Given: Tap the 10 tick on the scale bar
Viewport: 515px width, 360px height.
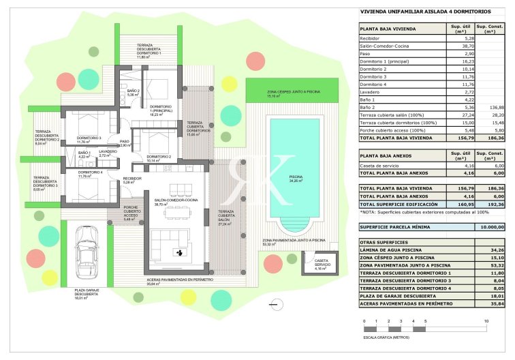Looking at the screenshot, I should [x=486, y=320].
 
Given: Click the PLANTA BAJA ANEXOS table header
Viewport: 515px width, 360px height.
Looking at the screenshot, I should [x=388, y=156].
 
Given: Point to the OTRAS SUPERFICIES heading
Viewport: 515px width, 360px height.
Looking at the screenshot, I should [x=384, y=242].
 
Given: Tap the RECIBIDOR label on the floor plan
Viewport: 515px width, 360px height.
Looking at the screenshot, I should [x=131, y=179].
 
